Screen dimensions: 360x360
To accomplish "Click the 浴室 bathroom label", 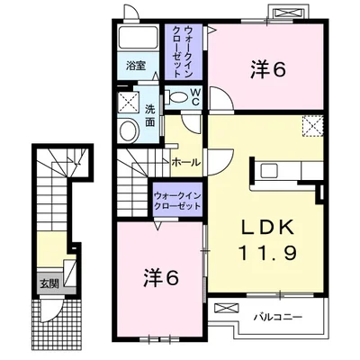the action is point(136,66).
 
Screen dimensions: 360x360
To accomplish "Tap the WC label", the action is point(195,96).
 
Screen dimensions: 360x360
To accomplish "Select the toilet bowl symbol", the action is point(177,96).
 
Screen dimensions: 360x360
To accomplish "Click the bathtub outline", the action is point(138,39).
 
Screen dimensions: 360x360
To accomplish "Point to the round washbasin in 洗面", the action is point(130,130).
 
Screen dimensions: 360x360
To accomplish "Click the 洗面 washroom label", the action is point(149,116).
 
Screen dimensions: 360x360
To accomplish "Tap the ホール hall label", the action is point(185,163).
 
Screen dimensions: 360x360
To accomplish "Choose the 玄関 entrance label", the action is point(49,283).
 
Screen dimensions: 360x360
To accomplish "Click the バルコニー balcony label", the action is point(278,317).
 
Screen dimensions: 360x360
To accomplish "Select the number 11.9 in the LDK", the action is point(267,253).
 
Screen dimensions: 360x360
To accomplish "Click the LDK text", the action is point(267,229).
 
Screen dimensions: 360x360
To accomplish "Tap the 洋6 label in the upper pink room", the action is point(267,70).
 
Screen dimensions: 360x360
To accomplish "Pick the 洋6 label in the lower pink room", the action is point(161,277).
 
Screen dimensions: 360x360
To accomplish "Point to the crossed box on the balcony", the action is point(227,308).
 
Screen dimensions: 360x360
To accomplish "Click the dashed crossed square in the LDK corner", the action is point(313,126).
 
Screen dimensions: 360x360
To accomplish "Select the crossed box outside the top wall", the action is point(288,13).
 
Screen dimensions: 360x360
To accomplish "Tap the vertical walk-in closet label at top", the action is point(183,52).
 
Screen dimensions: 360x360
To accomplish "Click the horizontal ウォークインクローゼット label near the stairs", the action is point(177,201).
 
